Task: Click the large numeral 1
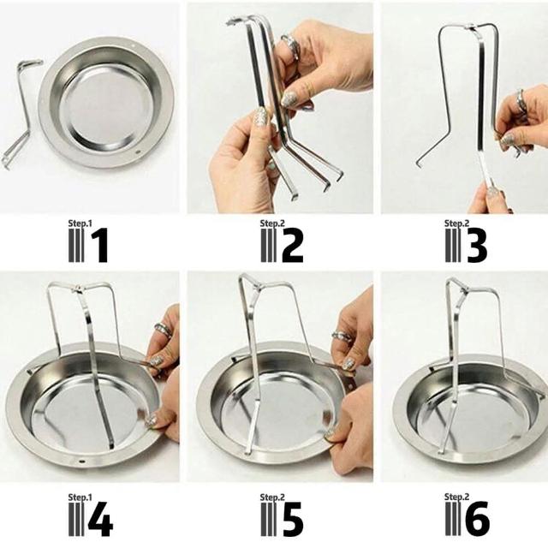100,245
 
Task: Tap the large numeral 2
292,245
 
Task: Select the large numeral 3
477,245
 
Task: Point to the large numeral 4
100,519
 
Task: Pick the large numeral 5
292,519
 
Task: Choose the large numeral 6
477,519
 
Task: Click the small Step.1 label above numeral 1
80,223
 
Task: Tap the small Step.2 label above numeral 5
272,497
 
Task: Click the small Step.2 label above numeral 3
456,223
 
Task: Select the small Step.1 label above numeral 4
80,497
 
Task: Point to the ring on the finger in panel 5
342,335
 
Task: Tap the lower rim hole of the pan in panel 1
137,152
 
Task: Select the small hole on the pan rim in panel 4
82,462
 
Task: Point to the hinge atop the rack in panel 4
78,289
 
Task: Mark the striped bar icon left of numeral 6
453,519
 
